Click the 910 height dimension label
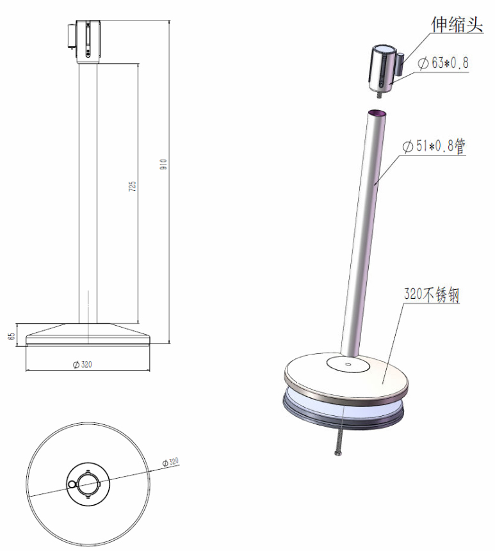click(163, 164)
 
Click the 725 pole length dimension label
click(132, 186)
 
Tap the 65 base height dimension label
click(12, 336)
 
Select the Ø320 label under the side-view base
click(82, 364)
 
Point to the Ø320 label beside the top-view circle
click(170, 462)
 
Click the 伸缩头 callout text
click(457, 24)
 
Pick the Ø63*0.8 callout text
click(443, 63)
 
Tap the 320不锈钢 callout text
click(432, 294)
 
